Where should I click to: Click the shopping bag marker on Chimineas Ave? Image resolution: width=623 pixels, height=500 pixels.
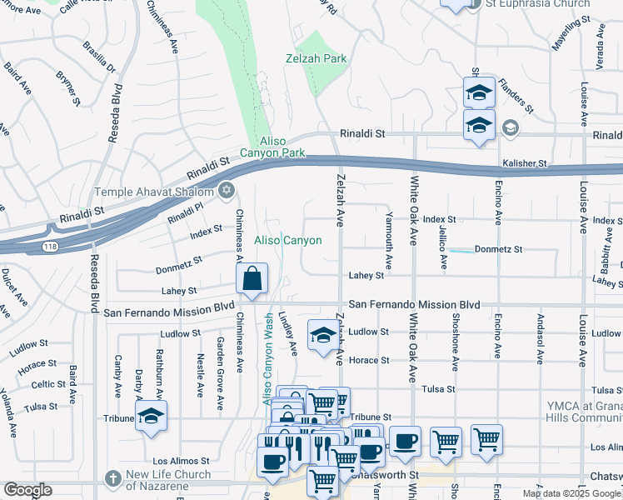tap(252, 279)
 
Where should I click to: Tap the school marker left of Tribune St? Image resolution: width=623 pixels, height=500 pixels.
tap(151, 415)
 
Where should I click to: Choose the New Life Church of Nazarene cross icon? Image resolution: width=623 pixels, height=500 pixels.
tap(114, 478)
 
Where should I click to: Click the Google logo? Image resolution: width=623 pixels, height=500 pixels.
tap(27, 490)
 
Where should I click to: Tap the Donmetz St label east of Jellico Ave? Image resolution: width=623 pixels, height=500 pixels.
tap(498, 249)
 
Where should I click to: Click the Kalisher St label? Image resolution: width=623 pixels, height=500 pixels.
tap(524, 163)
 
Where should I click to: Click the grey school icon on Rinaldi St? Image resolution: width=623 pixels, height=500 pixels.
tap(510, 128)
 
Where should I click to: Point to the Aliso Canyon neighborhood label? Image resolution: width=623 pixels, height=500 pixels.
tap(287, 240)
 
